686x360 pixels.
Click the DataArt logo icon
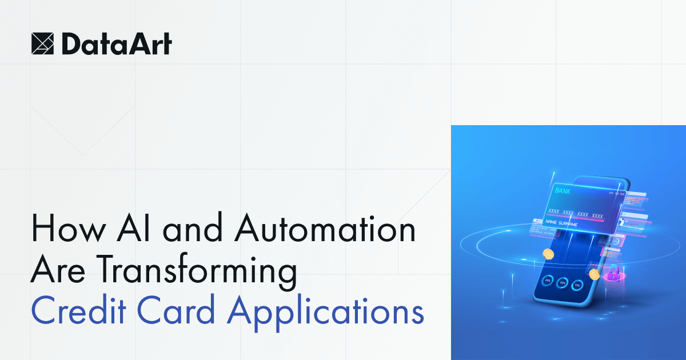click(x=43, y=43)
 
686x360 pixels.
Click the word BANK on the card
click(x=563, y=191)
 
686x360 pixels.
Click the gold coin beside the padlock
click(x=595, y=275)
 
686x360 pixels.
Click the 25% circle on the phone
click(x=547, y=281)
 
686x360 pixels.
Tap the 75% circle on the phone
click(x=577, y=285)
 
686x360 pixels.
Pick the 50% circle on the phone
click(x=562, y=283)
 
